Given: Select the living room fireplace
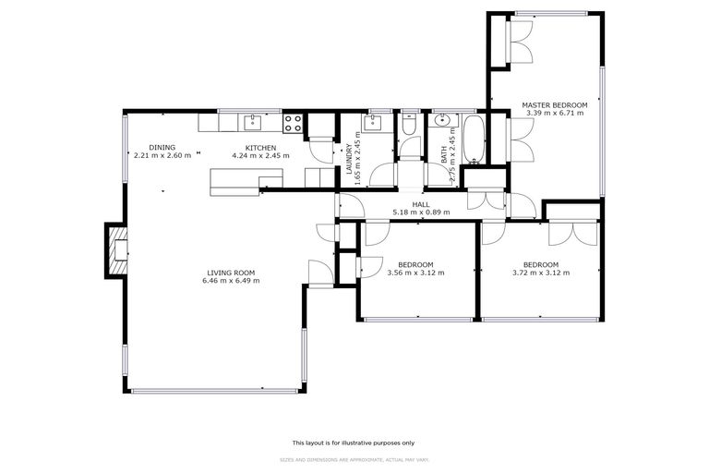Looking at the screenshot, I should (117, 249).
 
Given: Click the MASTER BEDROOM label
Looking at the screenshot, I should (554, 105).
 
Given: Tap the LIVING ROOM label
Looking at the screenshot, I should (231, 273).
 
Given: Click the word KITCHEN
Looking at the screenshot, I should (261, 148).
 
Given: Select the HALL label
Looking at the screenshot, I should (421, 205).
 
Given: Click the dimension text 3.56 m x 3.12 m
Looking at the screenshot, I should (415, 273).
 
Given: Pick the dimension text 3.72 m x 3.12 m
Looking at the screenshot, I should (541, 273).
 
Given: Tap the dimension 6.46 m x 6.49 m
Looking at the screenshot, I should (232, 281).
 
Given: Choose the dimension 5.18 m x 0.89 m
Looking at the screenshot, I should (421, 212).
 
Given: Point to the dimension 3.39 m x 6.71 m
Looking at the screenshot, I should (555, 114).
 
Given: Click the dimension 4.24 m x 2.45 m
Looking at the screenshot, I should (261, 155).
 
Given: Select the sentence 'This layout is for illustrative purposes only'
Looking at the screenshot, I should (354, 443).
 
